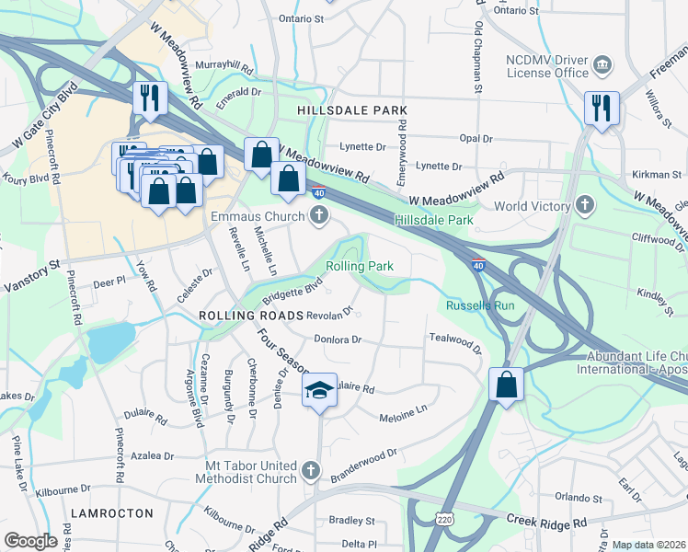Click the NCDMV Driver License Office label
click(546, 65)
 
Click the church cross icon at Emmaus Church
click(319, 216)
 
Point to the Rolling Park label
click(360, 266)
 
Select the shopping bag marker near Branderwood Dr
click(505, 385)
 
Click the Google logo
click(31, 541)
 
